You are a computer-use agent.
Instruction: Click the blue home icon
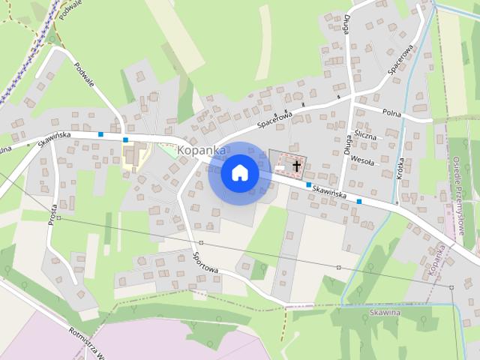click(240, 172)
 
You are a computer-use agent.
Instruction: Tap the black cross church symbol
click(297, 165)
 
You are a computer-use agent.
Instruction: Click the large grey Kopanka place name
click(201, 151)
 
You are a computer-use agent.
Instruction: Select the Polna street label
click(391, 113)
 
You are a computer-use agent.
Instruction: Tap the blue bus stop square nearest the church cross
click(308, 184)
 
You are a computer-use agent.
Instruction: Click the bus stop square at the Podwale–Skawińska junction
click(125, 139)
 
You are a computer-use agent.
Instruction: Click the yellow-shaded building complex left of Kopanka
click(133, 155)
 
